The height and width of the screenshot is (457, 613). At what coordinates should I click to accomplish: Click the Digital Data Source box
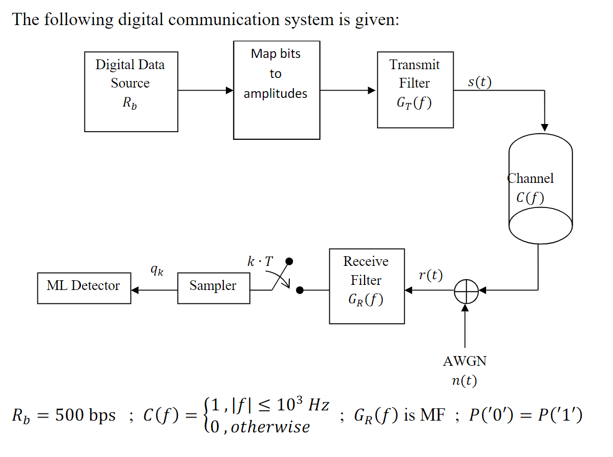coord(131,92)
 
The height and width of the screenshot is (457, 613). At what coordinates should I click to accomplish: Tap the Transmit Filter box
coord(415,90)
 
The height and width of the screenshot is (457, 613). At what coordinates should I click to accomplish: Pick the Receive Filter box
coord(367,286)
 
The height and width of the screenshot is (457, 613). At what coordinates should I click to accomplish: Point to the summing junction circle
coord(466,290)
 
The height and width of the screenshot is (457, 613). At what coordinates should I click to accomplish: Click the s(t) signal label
coord(479,82)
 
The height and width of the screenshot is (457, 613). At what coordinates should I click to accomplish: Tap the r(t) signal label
coord(430,275)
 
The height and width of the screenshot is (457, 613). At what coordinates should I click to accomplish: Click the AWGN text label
coord(464,361)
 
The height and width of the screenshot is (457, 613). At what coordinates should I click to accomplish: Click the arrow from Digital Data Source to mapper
coord(205,91)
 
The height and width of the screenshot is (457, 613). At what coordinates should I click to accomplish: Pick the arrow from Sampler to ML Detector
coord(154,290)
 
